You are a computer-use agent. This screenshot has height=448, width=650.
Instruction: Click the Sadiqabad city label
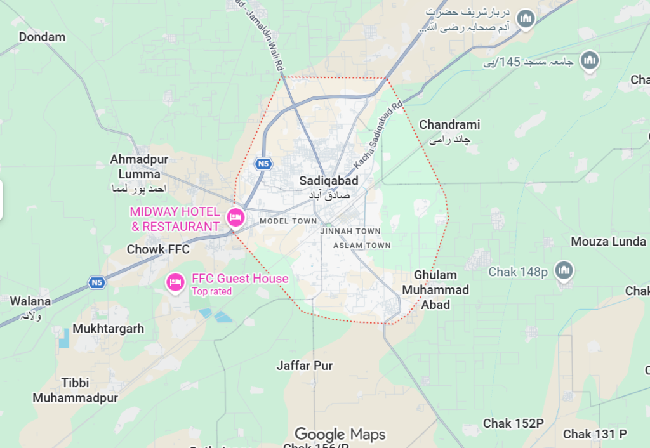(329, 181)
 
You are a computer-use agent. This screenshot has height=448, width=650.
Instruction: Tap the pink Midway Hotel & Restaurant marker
(237, 218)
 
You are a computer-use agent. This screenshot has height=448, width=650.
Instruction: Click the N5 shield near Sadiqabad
(263, 164)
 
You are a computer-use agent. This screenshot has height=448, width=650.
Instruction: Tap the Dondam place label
(42, 37)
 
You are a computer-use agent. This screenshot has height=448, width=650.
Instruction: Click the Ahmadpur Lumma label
(135, 166)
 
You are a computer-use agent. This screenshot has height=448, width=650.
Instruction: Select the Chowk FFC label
(158, 249)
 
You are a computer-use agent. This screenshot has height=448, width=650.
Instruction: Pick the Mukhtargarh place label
(108, 329)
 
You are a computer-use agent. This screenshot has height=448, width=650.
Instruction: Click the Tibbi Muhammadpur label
(76, 390)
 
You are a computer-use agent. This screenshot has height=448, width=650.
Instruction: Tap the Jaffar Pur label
(305, 366)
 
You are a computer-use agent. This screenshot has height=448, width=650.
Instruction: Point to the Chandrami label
(449, 125)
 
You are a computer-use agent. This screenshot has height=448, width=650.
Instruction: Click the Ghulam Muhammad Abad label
(435, 290)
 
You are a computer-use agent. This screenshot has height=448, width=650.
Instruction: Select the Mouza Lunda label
(608, 241)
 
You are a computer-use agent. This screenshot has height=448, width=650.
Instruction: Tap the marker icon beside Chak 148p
(564, 270)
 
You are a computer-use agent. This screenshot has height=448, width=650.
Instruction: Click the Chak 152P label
(514, 423)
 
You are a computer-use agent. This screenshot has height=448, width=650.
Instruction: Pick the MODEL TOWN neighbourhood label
(288, 221)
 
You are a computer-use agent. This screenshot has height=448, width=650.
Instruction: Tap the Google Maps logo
(340, 435)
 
